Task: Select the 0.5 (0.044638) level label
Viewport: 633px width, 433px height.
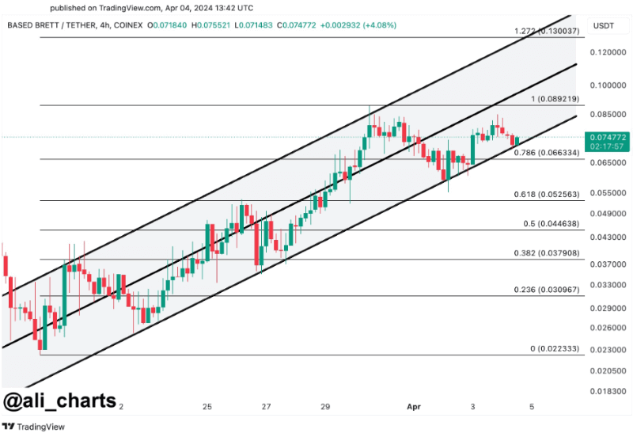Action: click(x=551, y=224)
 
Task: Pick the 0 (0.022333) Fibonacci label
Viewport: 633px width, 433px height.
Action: click(x=552, y=349)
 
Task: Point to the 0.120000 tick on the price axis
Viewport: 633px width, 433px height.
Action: click(x=607, y=52)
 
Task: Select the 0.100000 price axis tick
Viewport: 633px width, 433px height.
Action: click(x=607, y=84)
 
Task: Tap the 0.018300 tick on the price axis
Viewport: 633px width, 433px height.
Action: click(x=607, y=390)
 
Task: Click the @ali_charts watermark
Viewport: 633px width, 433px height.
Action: click(x=61, y=401)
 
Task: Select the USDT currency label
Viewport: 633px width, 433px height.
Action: click(x=604, y=26)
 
